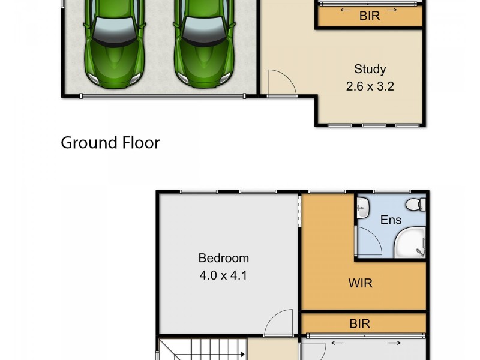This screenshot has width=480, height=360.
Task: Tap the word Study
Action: coord(370,69)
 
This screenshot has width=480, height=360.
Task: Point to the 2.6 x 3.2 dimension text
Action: coord(370,86)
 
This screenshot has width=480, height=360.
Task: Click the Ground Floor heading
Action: coord(110,143)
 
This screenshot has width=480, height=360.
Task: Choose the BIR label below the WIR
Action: coord(360,324)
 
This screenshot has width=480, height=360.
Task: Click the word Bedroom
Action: coord(224,258)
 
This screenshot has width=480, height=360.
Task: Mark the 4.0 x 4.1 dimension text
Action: coord(224,276)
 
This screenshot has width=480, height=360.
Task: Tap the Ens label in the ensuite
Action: coord(391,220)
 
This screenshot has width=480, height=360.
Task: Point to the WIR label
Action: coord(360,283)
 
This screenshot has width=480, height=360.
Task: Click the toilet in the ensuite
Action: coord(414,205)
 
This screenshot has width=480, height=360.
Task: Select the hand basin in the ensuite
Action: coord(362,210)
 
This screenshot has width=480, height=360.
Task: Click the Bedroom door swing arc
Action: coord(278,324)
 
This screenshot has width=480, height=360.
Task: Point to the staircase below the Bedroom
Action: coord(204,349)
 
